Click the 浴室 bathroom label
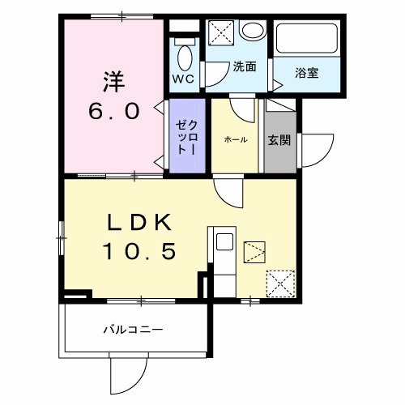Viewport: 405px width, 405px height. (306, 73)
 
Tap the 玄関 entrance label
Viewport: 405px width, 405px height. (279, 139)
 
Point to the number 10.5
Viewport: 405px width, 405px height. (138, 254)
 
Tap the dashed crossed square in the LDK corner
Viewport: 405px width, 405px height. (279, 283)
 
